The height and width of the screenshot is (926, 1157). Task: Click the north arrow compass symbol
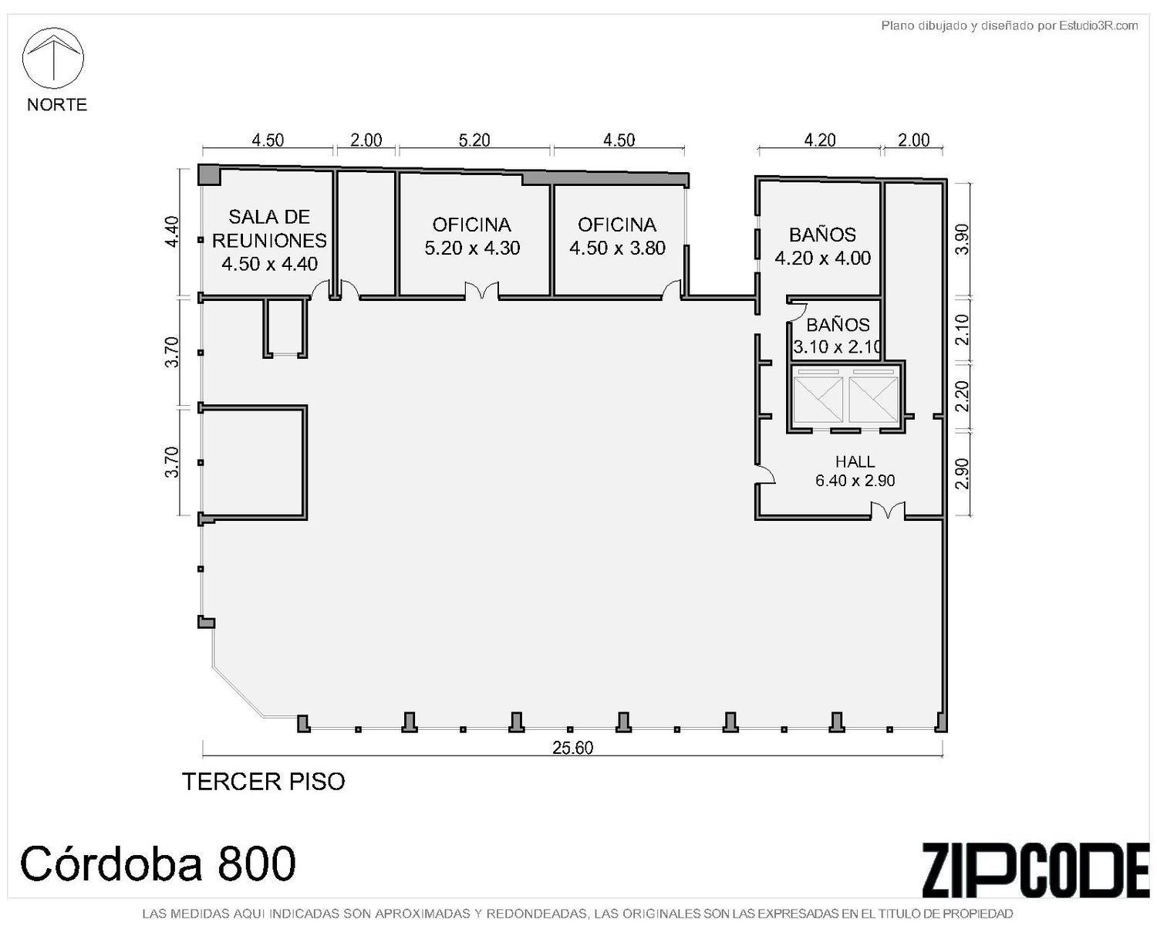pos(53,58)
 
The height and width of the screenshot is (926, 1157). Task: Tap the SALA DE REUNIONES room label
pos(269,240)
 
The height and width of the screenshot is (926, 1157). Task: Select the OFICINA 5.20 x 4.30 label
pos(472,236)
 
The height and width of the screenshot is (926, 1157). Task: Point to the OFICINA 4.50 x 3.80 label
pos(617,236)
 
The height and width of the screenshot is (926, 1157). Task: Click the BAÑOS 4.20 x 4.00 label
pos(822,246)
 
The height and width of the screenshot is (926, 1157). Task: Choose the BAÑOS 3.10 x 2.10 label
pos(838,336)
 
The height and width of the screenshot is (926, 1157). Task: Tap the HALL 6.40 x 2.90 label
pos(855,471)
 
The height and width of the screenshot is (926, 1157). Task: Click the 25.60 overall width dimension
pos(572,748)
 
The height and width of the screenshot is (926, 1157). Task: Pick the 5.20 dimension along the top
pos(474,140)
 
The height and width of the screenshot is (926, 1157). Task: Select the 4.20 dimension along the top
pos(820,140)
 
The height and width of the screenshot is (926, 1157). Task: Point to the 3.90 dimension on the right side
pos(963,239)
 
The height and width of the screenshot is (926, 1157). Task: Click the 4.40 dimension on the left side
pos(171,231)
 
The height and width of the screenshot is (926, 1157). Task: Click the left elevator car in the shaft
pos(818,399)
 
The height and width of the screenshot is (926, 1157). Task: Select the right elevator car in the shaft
pos(873,399)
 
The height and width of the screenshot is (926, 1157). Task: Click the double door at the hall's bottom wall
pos(888,510)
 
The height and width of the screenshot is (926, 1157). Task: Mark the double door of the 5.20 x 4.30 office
pos(482,290)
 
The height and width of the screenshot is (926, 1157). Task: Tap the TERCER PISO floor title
pos(264,782)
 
